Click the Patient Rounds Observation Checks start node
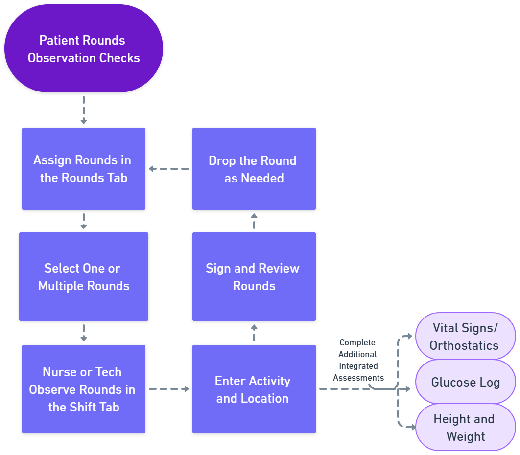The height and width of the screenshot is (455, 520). coord(84,49)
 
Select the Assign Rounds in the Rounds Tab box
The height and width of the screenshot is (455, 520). coord(84,169)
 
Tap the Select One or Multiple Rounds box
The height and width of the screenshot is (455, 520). coord(84,276)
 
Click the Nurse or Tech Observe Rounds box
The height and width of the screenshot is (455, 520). coord(84,389)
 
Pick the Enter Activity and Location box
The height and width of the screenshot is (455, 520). coord(254,389)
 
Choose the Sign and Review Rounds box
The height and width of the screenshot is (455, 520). coord(254,276)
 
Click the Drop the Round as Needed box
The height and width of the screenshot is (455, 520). coord(254,169)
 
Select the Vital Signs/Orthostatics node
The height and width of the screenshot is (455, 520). coord(465,337)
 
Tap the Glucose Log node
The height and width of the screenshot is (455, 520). coord(465,382)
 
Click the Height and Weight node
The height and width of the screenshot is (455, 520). coord(465,427)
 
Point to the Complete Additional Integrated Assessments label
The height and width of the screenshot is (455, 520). coord(358,360)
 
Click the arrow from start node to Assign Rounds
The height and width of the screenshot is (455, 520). coord(84,110)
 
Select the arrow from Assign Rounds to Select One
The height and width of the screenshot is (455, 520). coord(84,221)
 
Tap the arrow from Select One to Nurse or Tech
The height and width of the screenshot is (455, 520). coord(84,333)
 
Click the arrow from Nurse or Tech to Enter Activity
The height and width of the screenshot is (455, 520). coord(169,389)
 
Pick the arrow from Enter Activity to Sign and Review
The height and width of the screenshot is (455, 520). coord(254,333)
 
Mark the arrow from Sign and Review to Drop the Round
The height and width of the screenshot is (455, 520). coord(254,221)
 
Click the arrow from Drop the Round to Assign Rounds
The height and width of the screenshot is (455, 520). coord(169,169)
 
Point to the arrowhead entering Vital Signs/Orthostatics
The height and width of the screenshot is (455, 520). coord(409,337)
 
